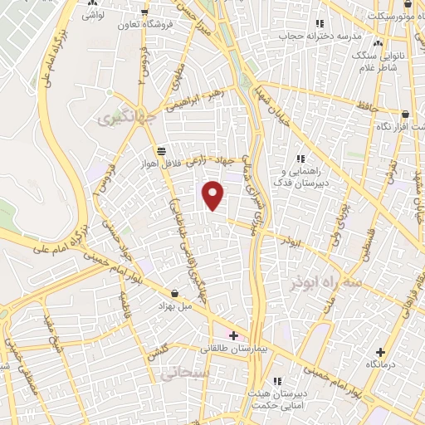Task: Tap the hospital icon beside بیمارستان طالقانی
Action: [x=233, y=336]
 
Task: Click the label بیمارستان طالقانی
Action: [x=233, y=349]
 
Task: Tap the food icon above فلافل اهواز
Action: [x=160, y=151]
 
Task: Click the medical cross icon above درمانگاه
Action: [x=380, y=352]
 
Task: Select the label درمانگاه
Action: [x=380, y=364]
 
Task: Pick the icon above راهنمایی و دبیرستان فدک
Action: [x=300, y=158]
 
